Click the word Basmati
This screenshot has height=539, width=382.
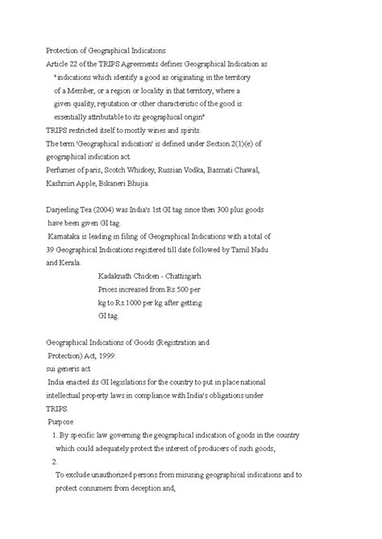(237, 170)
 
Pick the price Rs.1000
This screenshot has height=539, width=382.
(128, 302)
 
